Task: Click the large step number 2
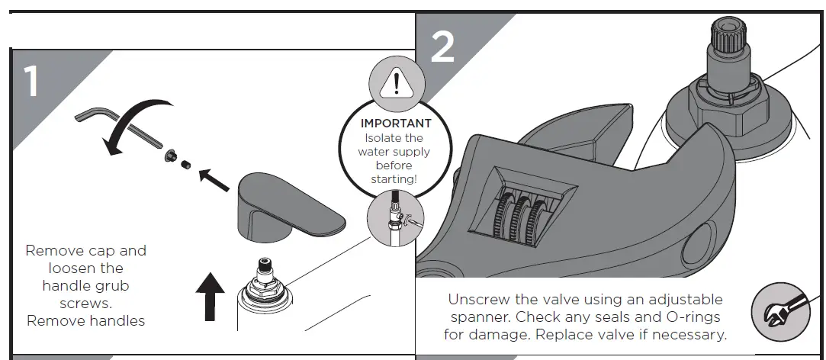[x=442, y=47]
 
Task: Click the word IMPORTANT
[x=395, y=123]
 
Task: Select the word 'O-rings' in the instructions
[x=696, y=317]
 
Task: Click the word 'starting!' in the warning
[x=394, y=178]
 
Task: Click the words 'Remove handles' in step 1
[x=85, y=320]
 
